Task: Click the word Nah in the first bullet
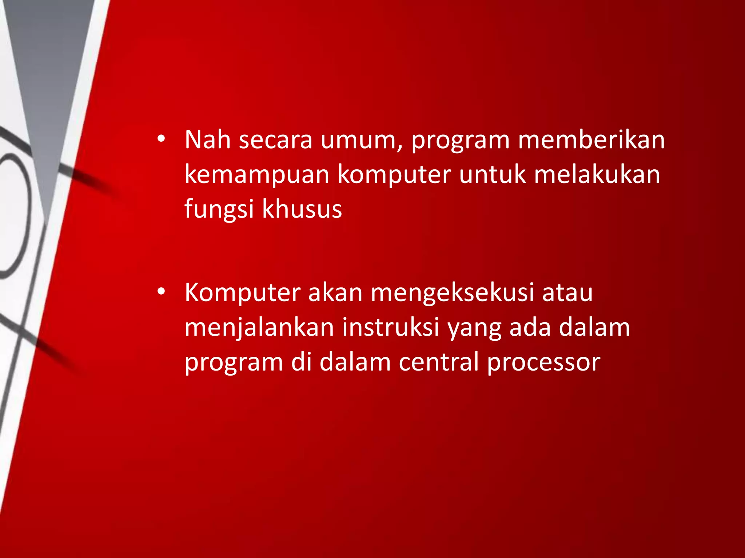pyautogui.click(x=208, y=139)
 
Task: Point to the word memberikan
pyautogui.click(x=591, y=139)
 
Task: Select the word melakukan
pyautogui.click(x=597, y=175)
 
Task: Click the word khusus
pyautogui.click(x=302, y=209)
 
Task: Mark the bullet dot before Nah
pyautogui.click(x=161, y=139)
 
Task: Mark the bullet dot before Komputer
pyautogui.click(x=161, y=292)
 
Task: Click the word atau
pyautogui.click(x=567, y=293)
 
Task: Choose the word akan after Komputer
pyautogui.click(x=335, y=292)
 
